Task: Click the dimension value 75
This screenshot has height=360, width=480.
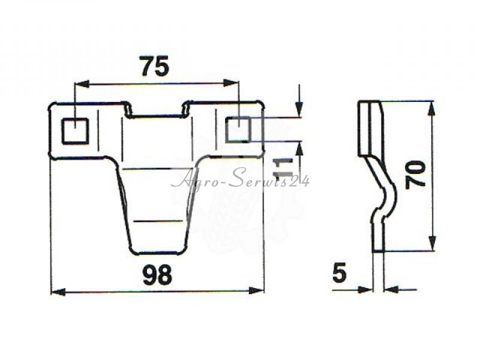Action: pos(155,66)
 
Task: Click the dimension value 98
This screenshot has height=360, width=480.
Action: pos(157,275)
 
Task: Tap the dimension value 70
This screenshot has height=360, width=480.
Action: pos(415,175)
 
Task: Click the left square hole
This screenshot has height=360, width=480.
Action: pos(76,131)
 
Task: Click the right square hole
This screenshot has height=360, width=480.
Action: pos(238,130)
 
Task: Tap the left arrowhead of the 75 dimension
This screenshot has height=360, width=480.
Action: pos(82,83)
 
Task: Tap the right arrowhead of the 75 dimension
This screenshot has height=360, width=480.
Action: pos(230,83)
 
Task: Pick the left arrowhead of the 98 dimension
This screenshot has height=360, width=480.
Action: pos(58,292)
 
